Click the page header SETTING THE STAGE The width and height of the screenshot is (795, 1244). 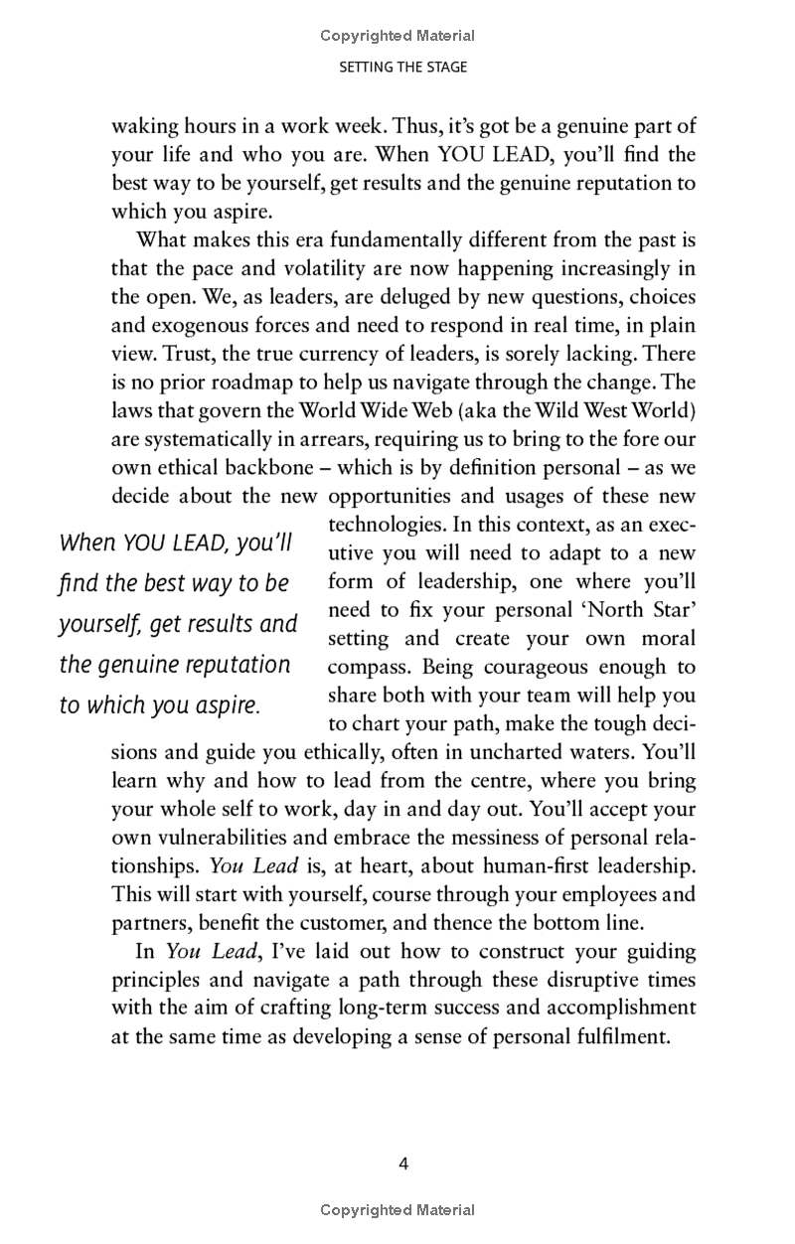tap(402, 68)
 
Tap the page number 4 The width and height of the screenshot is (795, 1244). tap(402, 1164)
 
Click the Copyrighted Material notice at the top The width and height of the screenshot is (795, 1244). tap(397, 36)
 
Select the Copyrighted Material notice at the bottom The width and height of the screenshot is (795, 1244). tap(397, 1210)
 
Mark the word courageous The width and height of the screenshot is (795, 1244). tap(524, 667)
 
